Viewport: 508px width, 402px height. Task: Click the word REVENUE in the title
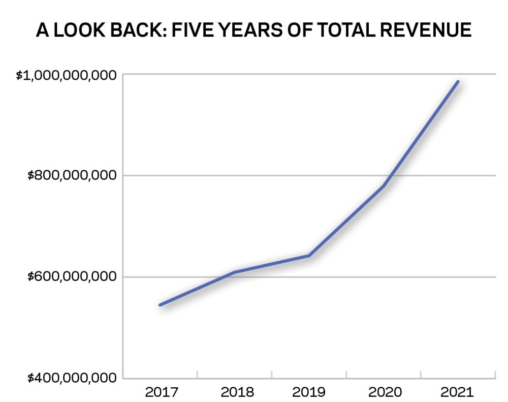(425, 30)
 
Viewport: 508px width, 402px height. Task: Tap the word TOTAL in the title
(345, 30)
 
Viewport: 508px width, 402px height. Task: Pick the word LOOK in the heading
(79, 30)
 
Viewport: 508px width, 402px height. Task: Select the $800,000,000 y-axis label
(72, 175)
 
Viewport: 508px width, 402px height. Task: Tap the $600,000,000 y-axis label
(72, 276)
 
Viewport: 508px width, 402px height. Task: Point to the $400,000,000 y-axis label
(72, 378)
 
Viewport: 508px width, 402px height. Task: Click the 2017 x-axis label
(162, 392)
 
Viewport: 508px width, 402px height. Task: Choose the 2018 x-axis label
(237, 392)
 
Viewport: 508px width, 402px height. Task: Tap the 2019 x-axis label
(309, 392)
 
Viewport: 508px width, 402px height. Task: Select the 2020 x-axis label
(385, 392)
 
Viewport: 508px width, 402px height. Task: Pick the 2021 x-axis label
(457, 392)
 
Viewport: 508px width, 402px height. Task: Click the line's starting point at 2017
(160, 305)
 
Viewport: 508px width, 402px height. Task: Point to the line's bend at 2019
(309, 256)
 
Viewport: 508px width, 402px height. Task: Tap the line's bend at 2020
(383, 186)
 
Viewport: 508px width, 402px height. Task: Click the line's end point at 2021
(458, 82)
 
